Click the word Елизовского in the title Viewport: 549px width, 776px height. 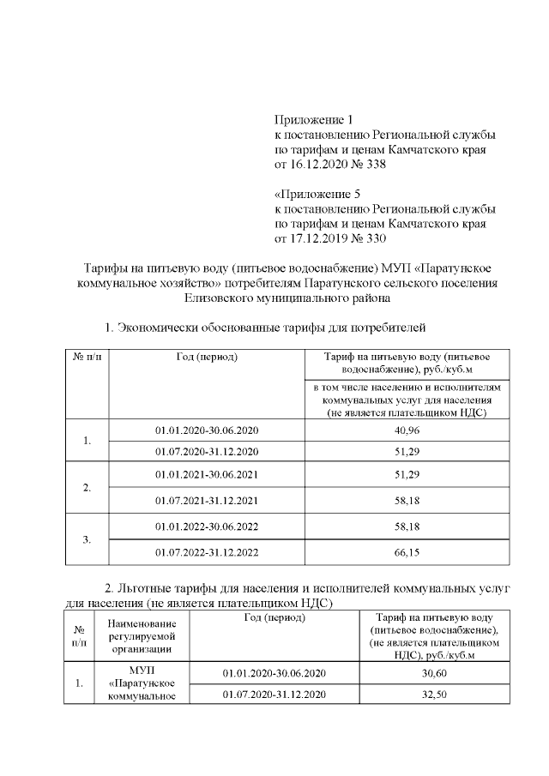[220, 299]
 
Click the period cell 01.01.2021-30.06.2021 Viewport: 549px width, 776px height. [207, 474]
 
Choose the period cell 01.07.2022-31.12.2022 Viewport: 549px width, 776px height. [207, 552]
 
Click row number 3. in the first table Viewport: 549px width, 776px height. [87, 540]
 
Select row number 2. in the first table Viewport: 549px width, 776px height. [87, 487]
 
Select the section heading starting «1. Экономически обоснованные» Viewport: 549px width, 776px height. [265, 328]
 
